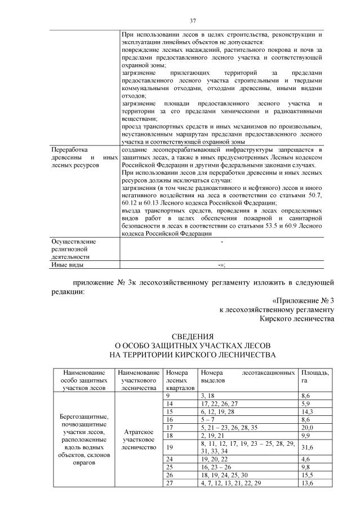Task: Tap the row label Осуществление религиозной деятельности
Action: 73,248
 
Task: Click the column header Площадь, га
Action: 316,377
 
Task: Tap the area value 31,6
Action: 308,447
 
